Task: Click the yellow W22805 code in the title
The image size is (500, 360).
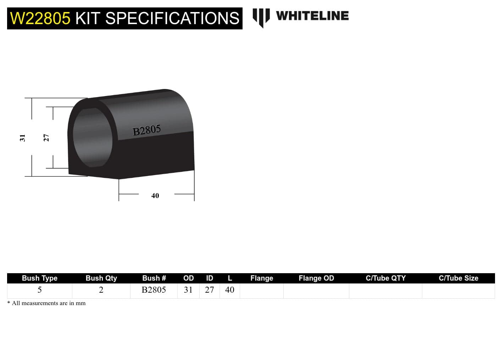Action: (40, 18)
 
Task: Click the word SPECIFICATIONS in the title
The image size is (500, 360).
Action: (172, 18)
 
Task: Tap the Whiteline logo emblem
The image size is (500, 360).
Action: (261, 17)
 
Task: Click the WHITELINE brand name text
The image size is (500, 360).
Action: (312, 16)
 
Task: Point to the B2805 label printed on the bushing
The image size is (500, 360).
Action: (146, 130)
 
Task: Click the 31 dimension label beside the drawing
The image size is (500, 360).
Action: (22, 138)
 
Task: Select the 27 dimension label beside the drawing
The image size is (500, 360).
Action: (46, 137)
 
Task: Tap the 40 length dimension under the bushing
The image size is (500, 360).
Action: (155, 196)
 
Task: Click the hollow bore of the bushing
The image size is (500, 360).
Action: (92, 137)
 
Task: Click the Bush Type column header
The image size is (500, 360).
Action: (39, 278)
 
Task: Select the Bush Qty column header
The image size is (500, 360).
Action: (101, 278)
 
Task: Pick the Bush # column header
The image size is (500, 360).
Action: (154, 278)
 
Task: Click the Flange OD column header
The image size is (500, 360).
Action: (316, 278)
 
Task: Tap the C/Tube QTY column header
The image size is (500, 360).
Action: (385, 278)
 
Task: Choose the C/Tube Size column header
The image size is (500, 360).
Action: (458, 278)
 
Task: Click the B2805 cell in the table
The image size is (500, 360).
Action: (154, 290)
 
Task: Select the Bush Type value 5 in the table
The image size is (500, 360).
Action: (39, 290)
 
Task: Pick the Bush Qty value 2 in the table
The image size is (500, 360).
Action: (101, 290)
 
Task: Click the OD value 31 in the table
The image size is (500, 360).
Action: (188, 290)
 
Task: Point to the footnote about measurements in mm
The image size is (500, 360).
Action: (46, 303)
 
